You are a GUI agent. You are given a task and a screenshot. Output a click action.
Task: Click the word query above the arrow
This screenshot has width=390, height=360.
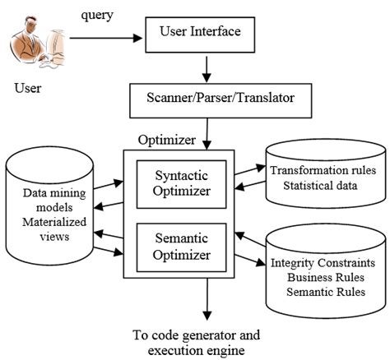coord(98,16)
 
